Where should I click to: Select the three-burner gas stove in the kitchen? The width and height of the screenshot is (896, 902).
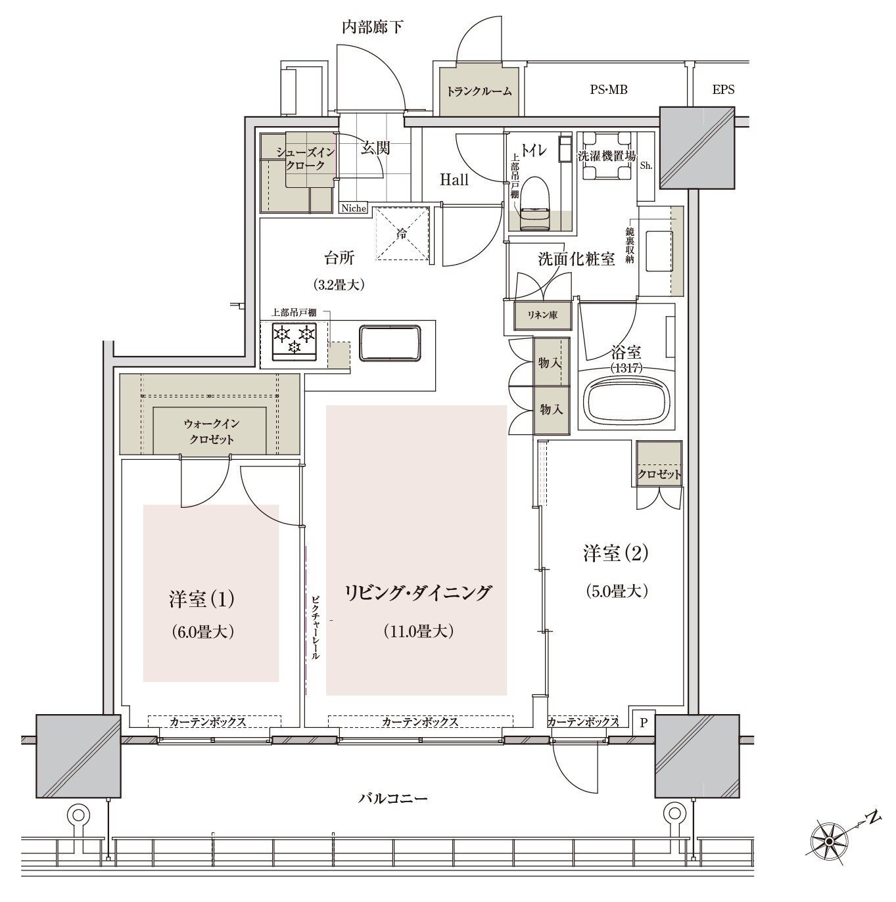click(295, 342)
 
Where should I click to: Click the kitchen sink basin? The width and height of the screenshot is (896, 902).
click(390, 343)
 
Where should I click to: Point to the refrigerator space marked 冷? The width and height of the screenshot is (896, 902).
click(402, 233)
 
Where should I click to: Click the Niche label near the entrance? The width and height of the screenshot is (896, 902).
click(354, 208)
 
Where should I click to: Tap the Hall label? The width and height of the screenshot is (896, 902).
click(454, 180)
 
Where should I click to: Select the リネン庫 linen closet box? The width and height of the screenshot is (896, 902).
click(542, 315)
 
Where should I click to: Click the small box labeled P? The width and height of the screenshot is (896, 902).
click(644, 722)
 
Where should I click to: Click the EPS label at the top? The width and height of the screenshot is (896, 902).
click(723, 89)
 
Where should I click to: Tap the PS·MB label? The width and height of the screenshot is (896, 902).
click(608, 89)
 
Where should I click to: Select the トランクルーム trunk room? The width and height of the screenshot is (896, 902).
click(479, 91)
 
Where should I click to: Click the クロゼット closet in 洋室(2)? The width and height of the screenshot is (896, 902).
click(659, 464)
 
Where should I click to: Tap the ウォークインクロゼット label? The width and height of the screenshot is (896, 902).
click(212, 431)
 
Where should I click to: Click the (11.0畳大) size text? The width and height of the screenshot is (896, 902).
click(419, 631)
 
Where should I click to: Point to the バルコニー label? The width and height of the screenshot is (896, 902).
click(393, 798)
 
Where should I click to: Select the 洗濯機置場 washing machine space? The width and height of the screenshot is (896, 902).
click(606, 156)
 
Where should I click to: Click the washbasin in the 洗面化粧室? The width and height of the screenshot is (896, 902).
click(659, 251)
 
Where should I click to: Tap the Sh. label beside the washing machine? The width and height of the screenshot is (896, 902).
click(646, 166)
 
